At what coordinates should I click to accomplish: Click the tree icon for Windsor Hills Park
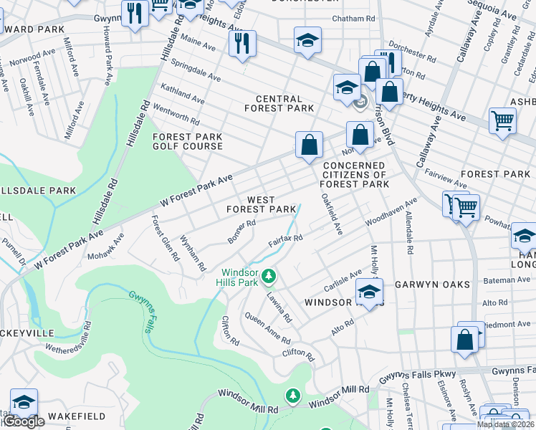pos(269,275)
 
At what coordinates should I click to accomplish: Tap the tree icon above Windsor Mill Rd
pos(292,395)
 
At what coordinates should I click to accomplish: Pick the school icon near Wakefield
pos(24,403)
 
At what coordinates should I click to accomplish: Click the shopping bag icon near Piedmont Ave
pos(465,340)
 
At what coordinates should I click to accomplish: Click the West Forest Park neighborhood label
pos(261,205)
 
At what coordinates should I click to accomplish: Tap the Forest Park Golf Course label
pos(187,141)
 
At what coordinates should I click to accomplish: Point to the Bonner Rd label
pos(241,231)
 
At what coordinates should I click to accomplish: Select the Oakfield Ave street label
pos(332,213)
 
